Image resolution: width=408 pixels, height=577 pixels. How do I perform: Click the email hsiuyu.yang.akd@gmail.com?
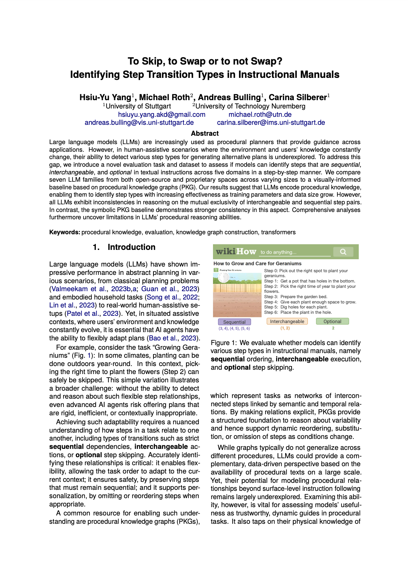tap(162, 114)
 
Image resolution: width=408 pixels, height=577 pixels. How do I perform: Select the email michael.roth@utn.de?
tap(260, 114)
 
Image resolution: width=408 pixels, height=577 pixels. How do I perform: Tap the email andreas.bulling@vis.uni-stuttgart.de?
tap(139, 122)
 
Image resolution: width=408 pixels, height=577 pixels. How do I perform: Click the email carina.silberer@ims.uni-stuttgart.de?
tap(271, 122)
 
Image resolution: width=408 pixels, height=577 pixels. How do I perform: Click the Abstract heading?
tap(205, 133)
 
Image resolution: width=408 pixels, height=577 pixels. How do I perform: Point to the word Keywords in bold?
tap(65, 232)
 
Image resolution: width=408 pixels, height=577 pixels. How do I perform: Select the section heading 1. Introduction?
tap(124, 247)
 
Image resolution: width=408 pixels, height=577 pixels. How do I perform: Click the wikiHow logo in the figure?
tap(236, 252)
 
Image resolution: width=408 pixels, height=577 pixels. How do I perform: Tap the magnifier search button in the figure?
tap(343, 252)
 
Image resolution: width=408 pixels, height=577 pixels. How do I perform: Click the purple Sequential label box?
tap(234, 322)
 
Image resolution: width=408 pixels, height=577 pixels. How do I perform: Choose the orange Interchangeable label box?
tap(287, 321)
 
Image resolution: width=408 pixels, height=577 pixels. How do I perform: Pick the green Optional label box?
tap(332, 321)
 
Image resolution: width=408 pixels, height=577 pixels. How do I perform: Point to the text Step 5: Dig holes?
tap(296, 307)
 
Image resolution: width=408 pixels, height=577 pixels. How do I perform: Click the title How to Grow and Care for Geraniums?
tap(257, 264)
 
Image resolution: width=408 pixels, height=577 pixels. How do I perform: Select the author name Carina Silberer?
tap(298, 97)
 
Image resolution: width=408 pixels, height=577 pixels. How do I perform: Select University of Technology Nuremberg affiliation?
tap(250, 106)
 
